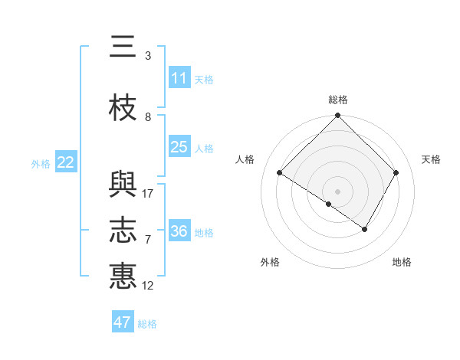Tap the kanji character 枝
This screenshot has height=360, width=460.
click(x=123, y=109)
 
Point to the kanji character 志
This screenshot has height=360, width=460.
click(x=123, y=231)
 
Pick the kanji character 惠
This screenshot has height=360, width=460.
click(x=123, y=275)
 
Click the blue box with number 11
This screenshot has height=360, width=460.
click(x=179, y=78)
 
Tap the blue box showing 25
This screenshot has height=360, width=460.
click(x=179, y=147)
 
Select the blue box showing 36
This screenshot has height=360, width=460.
click(x=179, y=231)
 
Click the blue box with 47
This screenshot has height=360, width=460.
click(x=123, y=322)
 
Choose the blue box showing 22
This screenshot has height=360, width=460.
click(x=65, y=162)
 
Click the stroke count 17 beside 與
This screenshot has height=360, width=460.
click(x=148, y=194)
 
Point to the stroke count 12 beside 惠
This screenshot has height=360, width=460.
click(x=148, y=286)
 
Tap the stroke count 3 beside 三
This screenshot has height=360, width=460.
click(x=148, y=56)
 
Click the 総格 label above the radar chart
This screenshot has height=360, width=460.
click(x=337, y=100)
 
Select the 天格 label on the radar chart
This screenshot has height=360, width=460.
click(x=432, y=159)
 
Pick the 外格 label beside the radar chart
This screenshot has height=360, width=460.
click(x=270, y=262)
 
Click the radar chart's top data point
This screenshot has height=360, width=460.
click(x=337, y=116)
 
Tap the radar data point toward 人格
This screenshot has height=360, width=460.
click(x=280, y=173)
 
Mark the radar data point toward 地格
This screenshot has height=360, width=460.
click(x=365, y=229)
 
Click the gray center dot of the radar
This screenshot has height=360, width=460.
click(x=337, y=191)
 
